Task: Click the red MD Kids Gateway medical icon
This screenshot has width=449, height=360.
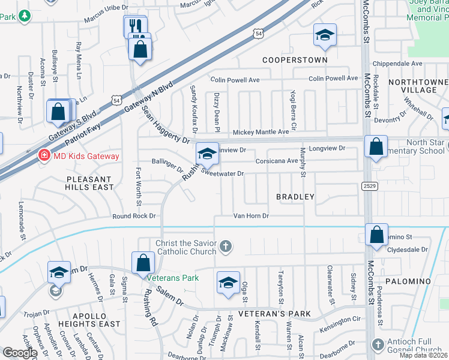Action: click(x=44, y=156)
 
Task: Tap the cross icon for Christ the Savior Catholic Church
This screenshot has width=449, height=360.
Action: click(x=226, y=245)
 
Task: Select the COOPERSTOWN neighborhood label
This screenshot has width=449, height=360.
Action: click(x=295, y=60)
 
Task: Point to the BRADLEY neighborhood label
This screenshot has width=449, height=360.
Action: click(x=295, y=197)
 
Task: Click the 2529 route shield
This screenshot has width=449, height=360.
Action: click(x=370, y=187)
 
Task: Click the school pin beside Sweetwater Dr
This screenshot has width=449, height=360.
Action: click(x=206, y=155)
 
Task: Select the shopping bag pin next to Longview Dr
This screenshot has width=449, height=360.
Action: click(x=375, y=147)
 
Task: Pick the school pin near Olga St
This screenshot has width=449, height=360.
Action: click(x=228, y=283)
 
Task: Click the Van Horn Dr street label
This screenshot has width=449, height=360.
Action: click(x=251, y=216)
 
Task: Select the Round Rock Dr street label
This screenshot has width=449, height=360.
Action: click(x=133, y=216)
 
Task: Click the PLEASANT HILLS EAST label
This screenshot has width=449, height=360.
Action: click(x=89, y=183)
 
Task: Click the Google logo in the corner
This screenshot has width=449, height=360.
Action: click(x=20, y=353)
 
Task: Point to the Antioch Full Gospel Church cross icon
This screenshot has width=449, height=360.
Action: click(x=378, y=344)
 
